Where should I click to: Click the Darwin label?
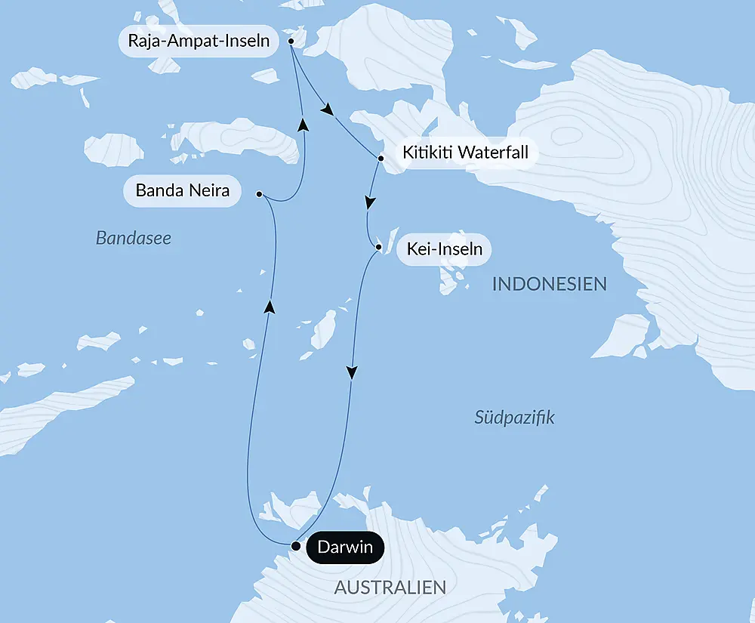345,547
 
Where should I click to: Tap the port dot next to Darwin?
296,546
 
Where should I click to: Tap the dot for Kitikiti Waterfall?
381,159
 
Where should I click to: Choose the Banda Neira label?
182,190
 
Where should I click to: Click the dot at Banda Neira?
259,194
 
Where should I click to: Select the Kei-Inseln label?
444,248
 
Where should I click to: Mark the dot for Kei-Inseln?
378,247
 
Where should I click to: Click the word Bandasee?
134,239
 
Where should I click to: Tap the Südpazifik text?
514,417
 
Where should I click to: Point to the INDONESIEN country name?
549,285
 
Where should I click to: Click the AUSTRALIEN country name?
390,588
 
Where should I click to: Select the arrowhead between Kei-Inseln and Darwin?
352,372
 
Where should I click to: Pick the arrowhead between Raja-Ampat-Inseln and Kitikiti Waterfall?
327,111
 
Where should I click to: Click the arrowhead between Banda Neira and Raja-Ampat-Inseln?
303,124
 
